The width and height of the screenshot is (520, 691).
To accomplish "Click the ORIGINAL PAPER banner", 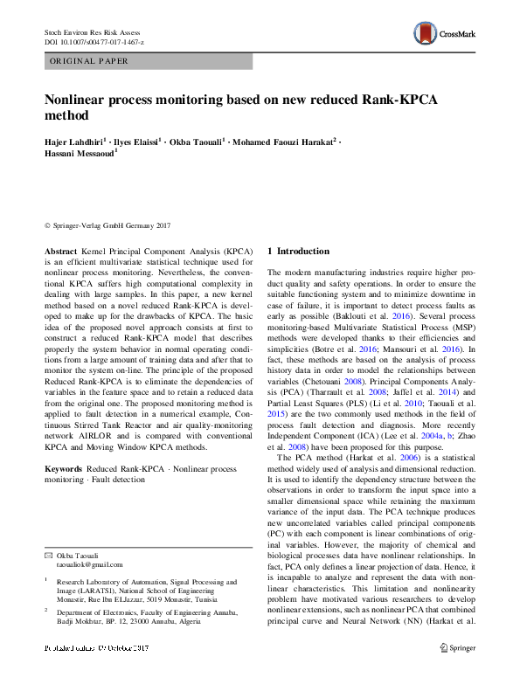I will click(x=149, y=62).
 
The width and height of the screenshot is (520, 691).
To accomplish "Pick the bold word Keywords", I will click(x=64, y=470).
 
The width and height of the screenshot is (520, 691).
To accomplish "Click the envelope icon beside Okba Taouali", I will click(x=49, y=556).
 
